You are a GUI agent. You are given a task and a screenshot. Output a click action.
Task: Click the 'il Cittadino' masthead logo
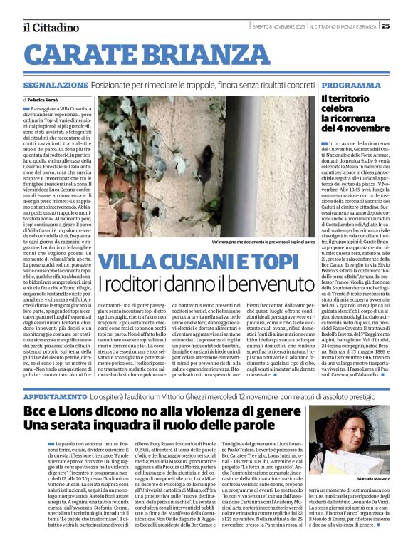click(x=50, y=27)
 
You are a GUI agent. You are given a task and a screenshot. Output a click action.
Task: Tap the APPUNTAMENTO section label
click(x=55, y=394)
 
